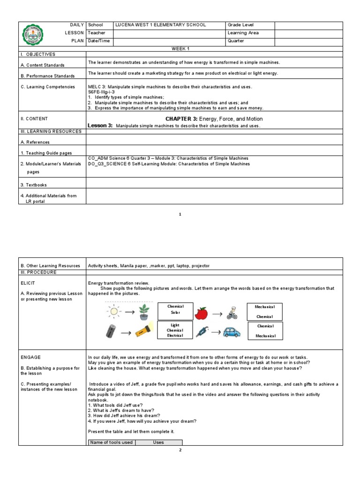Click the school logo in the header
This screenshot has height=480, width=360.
pos(33,33)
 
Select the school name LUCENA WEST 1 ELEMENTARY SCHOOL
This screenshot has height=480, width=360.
pos(161,25)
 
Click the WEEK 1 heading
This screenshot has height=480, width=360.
pos(180,49)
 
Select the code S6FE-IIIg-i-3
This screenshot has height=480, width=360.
pos(101,92)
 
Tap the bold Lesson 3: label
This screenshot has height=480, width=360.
pos(100,126)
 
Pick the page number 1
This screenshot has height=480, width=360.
pos(180,214)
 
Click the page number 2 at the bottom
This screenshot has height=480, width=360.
pos(180,450)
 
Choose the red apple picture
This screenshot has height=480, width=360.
pos(201,313)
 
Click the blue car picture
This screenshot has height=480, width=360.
pos(231,332)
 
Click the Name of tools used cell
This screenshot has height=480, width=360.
pos(112,442)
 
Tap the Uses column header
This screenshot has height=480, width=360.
pos(158,442)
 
